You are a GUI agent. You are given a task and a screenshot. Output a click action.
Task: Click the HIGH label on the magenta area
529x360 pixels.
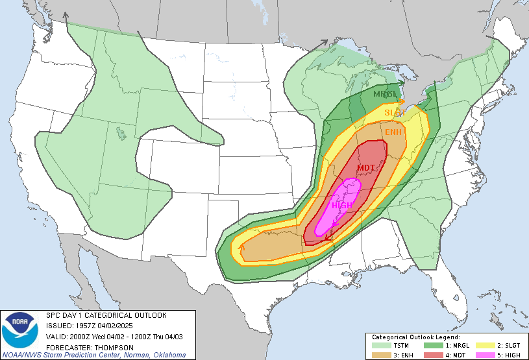(x=342, y=206)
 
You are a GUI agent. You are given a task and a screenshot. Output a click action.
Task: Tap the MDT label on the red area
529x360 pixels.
(x=365, y=168)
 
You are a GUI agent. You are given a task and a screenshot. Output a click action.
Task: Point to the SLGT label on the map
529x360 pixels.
(x=395, y=113)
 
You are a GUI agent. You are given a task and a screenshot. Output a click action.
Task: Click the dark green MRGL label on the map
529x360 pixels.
(x=385, y=95)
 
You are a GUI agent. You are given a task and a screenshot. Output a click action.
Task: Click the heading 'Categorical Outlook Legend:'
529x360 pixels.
(x=415, y=337)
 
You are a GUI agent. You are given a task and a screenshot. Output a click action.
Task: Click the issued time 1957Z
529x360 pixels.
(x=83, y=326)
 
